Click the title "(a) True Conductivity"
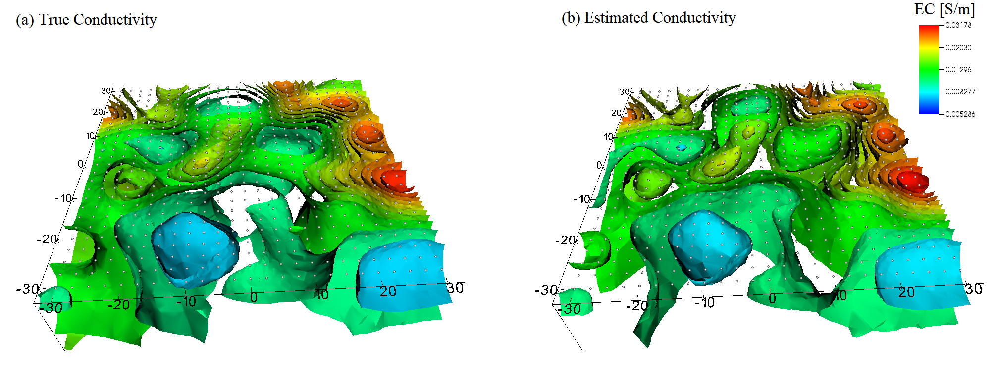point(86,20)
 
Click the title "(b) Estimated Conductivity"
point(648,18)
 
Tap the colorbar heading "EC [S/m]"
point(945,9)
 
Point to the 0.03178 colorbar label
point(958,25)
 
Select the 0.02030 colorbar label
point(958,48)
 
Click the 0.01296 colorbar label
point(958,70)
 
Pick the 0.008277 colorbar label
point(960,92)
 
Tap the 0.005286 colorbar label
point(960,114)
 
